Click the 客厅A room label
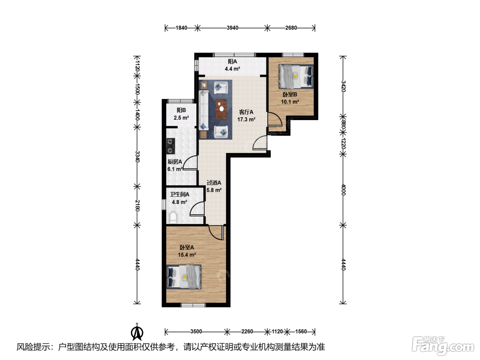coord(246,112)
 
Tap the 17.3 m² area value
coord(246,119)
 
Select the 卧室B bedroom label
coord(290,94)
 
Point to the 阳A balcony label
coord(232,61)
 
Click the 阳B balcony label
coord(181,110)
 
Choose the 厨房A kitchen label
coord(175,162)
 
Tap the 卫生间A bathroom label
coord(180,194)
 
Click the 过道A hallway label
coord(214,182)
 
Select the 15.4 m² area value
coord(187,255)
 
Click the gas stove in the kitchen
coord(170,146)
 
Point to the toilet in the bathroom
coord(173,217)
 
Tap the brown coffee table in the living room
coord(221,109)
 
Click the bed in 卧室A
coord(184,277)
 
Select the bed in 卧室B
coord(296,76)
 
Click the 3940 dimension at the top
coord(232,28)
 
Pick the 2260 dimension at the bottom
coord(247,332)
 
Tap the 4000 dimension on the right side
coord(343,190)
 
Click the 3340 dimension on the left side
coord(137,156)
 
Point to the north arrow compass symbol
coord(137,332)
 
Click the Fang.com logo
coord(443,346)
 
